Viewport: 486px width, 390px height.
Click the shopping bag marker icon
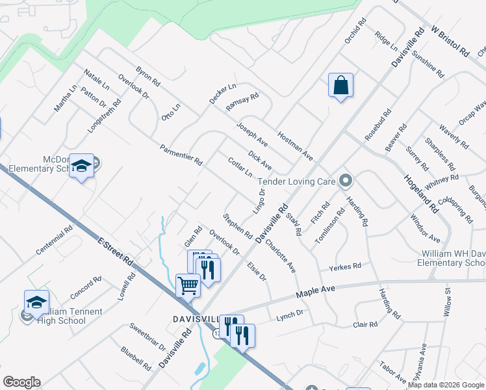tap(340, 85)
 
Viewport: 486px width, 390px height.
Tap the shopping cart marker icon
tap(188, 285)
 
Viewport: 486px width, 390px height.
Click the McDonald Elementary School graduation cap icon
tap(81, 166)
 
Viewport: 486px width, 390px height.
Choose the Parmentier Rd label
tap(182, 154)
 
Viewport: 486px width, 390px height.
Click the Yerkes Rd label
tap(344, 266)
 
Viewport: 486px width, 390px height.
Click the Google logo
tap(21, 382)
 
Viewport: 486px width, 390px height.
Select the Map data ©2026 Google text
tap(446, 385)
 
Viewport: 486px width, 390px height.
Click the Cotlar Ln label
tap(240, 167)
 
